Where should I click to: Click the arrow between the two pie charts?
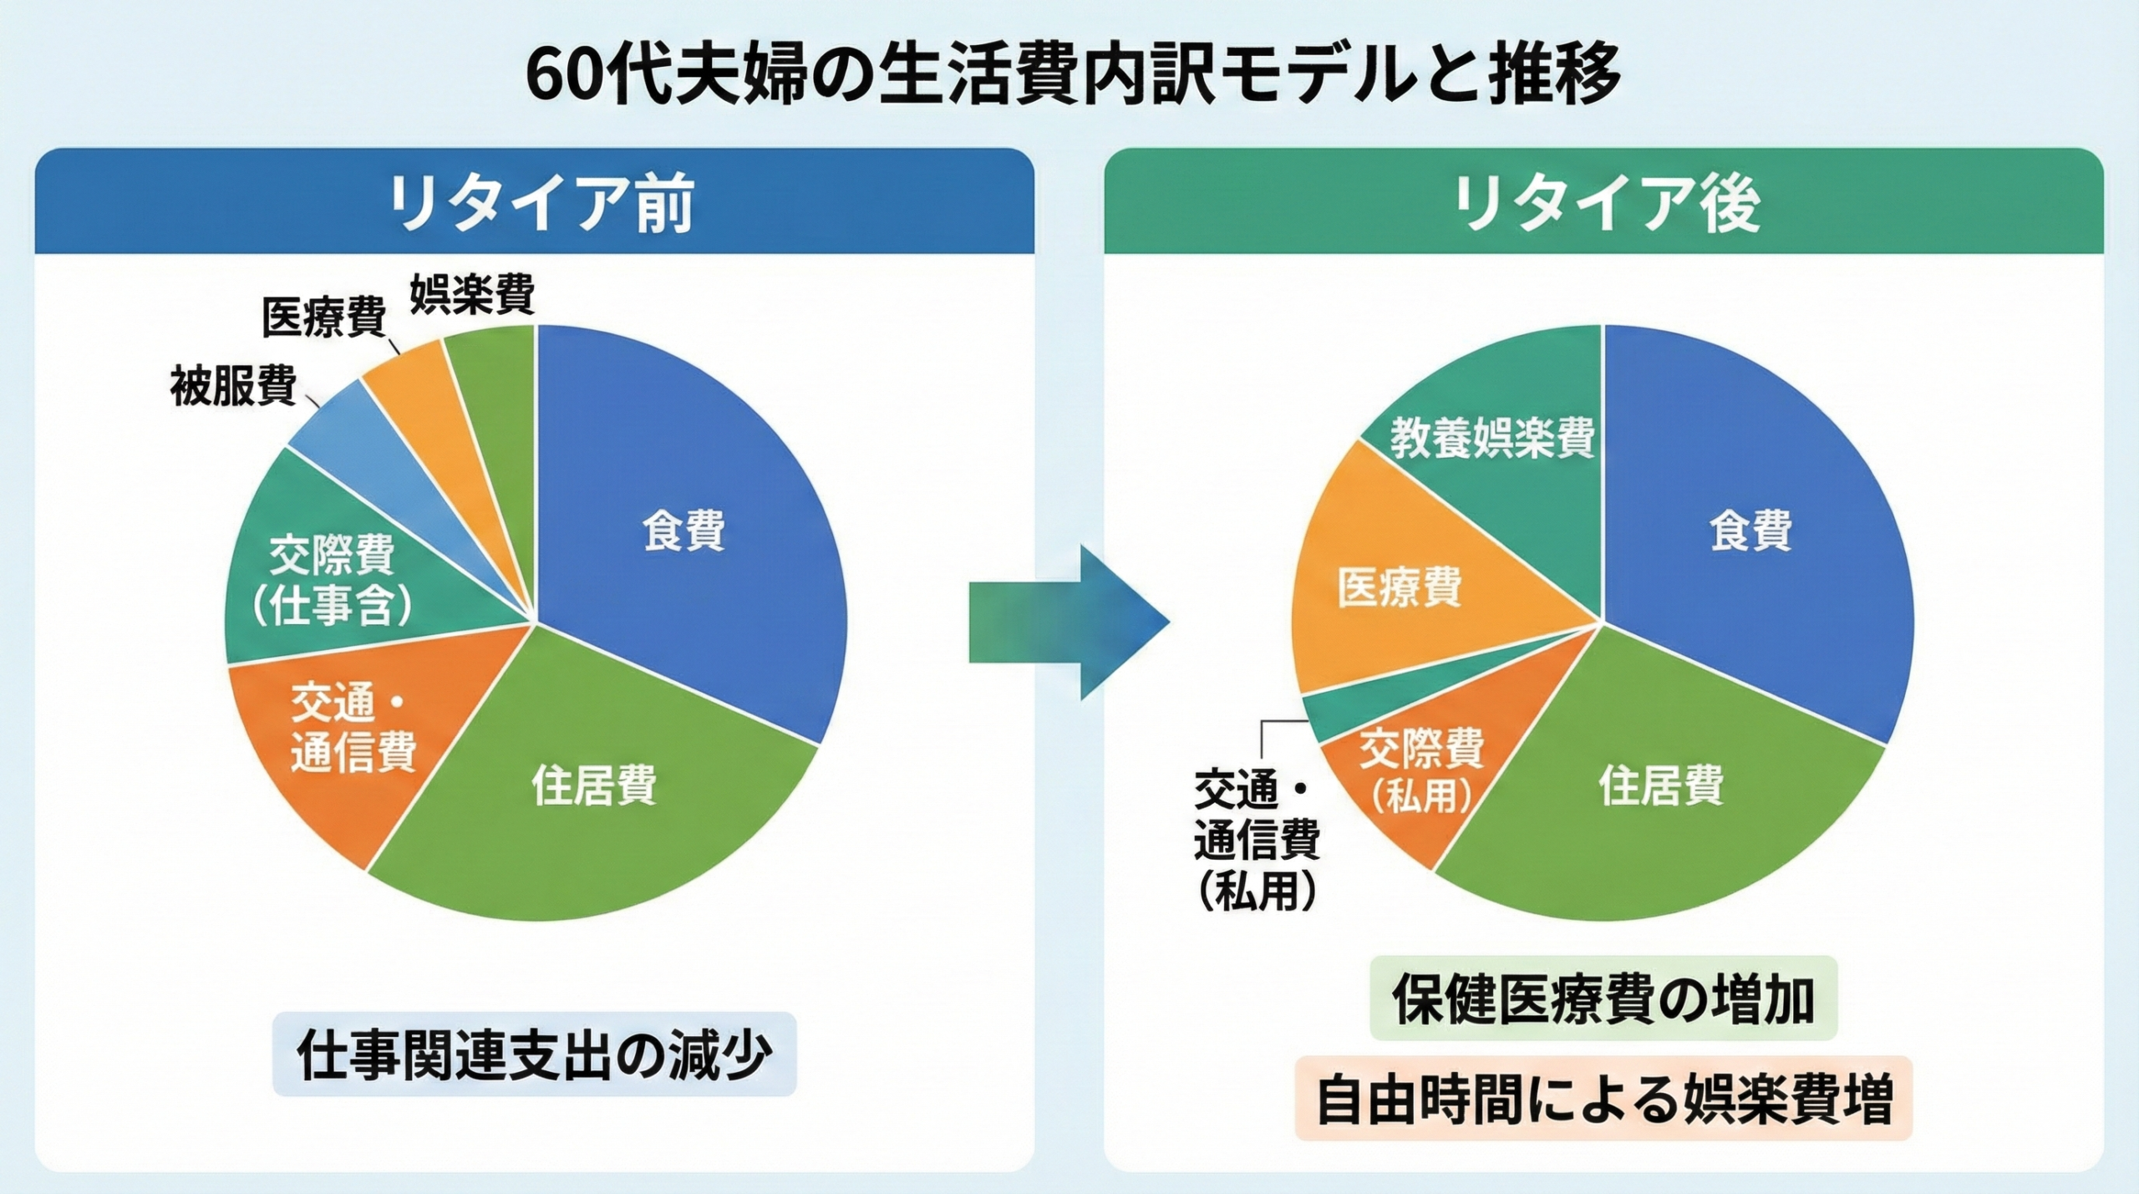coord(1069,622)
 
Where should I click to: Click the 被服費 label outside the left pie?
coord(233,386)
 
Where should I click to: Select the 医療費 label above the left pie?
coord(324,318)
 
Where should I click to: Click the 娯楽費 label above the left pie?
coord(472,294)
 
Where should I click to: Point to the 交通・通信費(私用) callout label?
coord(1257,839)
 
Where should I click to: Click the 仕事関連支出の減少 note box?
coord(535,1054)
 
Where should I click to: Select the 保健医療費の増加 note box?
coord(1603,998)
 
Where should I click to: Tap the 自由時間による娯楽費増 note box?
coord(1603,1099)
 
